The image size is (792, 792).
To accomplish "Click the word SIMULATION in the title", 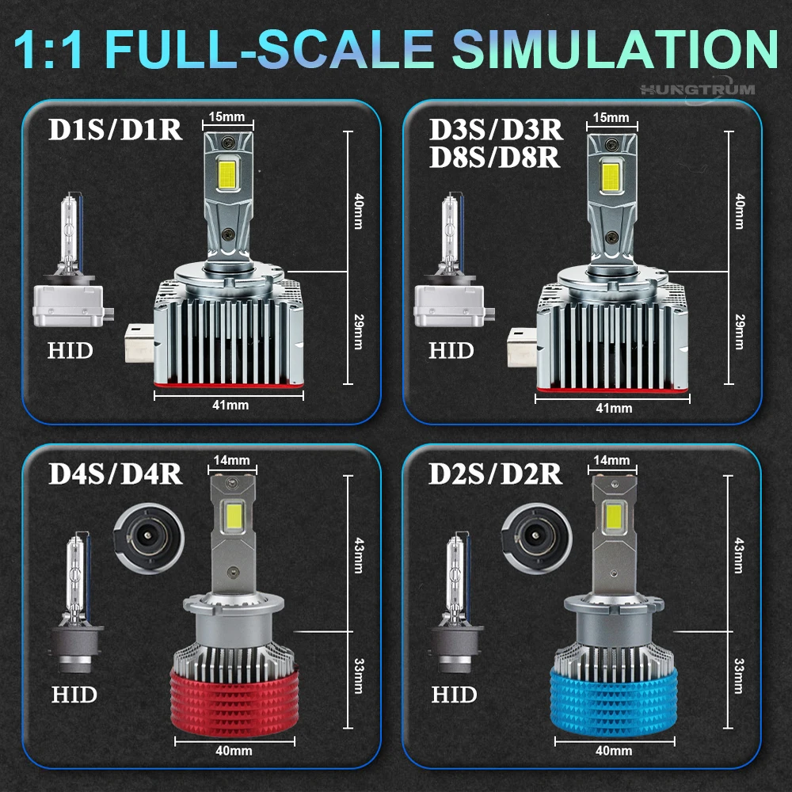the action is [x=615, y=48].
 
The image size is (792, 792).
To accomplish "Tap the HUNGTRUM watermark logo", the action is [x=698, y=90].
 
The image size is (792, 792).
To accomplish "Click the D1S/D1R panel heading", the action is [x=115, y=130].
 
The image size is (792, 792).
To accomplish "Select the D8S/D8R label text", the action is [x=494, y=158].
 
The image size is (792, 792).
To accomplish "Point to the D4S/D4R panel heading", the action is [x=115, y=474].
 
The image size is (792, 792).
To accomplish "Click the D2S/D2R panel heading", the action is [x=495, y=474].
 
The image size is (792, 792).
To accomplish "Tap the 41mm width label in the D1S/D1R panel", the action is [x=230, y=405].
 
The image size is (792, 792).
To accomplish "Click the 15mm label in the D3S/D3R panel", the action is [x=611, y=118].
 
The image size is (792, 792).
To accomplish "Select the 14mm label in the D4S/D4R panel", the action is [x=231, y=460].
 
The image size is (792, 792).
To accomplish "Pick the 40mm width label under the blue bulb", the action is [x=614, y=751].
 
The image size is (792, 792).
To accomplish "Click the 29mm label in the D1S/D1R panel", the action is [x=359, y=332].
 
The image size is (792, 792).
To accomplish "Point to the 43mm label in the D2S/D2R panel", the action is [x=739, y=556].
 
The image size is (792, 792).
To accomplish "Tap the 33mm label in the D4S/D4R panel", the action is [x=359, y=676].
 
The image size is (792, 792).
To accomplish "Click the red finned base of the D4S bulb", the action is [x=234, y=700].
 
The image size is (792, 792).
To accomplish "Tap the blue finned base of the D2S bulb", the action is [x=614, y=700].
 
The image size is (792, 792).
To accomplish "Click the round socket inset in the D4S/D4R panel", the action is [x=149, y=538].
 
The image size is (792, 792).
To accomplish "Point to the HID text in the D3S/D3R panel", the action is [x=451, y=350].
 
